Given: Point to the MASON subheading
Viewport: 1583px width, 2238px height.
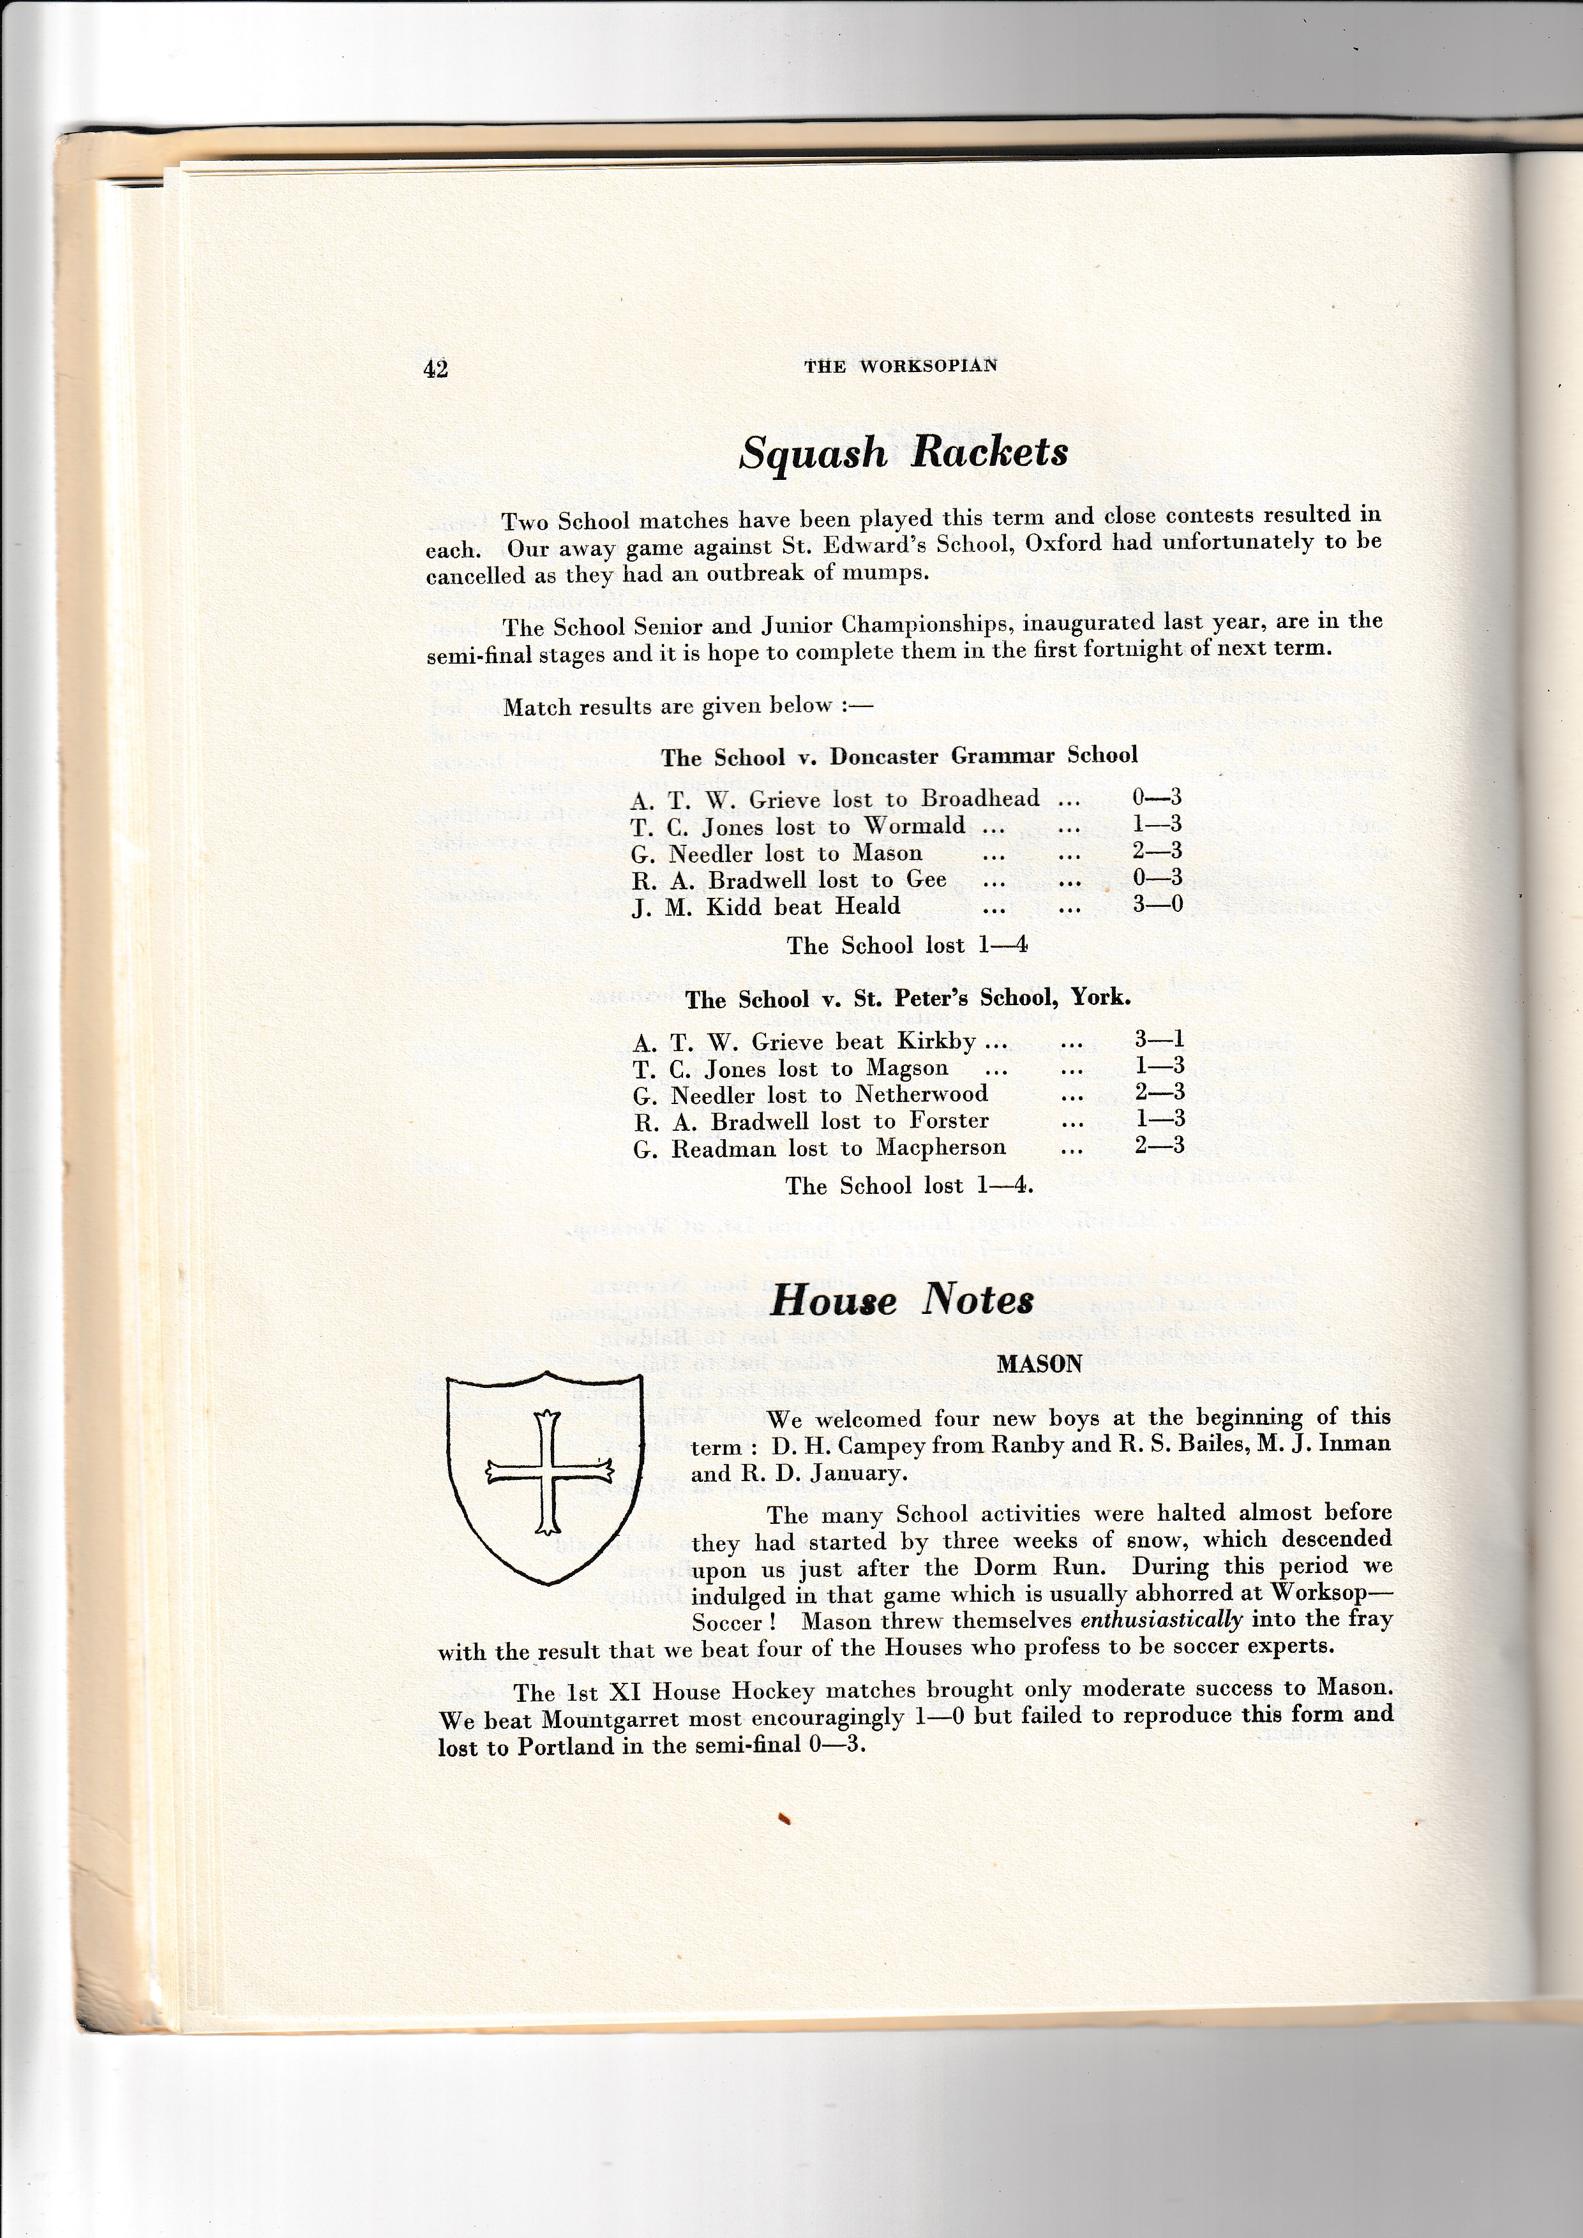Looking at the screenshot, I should pos(1039,1364).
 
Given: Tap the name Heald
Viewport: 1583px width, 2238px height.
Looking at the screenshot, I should pos(867,906).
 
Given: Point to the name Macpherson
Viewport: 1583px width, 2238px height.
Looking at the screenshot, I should pos(941,1147).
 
